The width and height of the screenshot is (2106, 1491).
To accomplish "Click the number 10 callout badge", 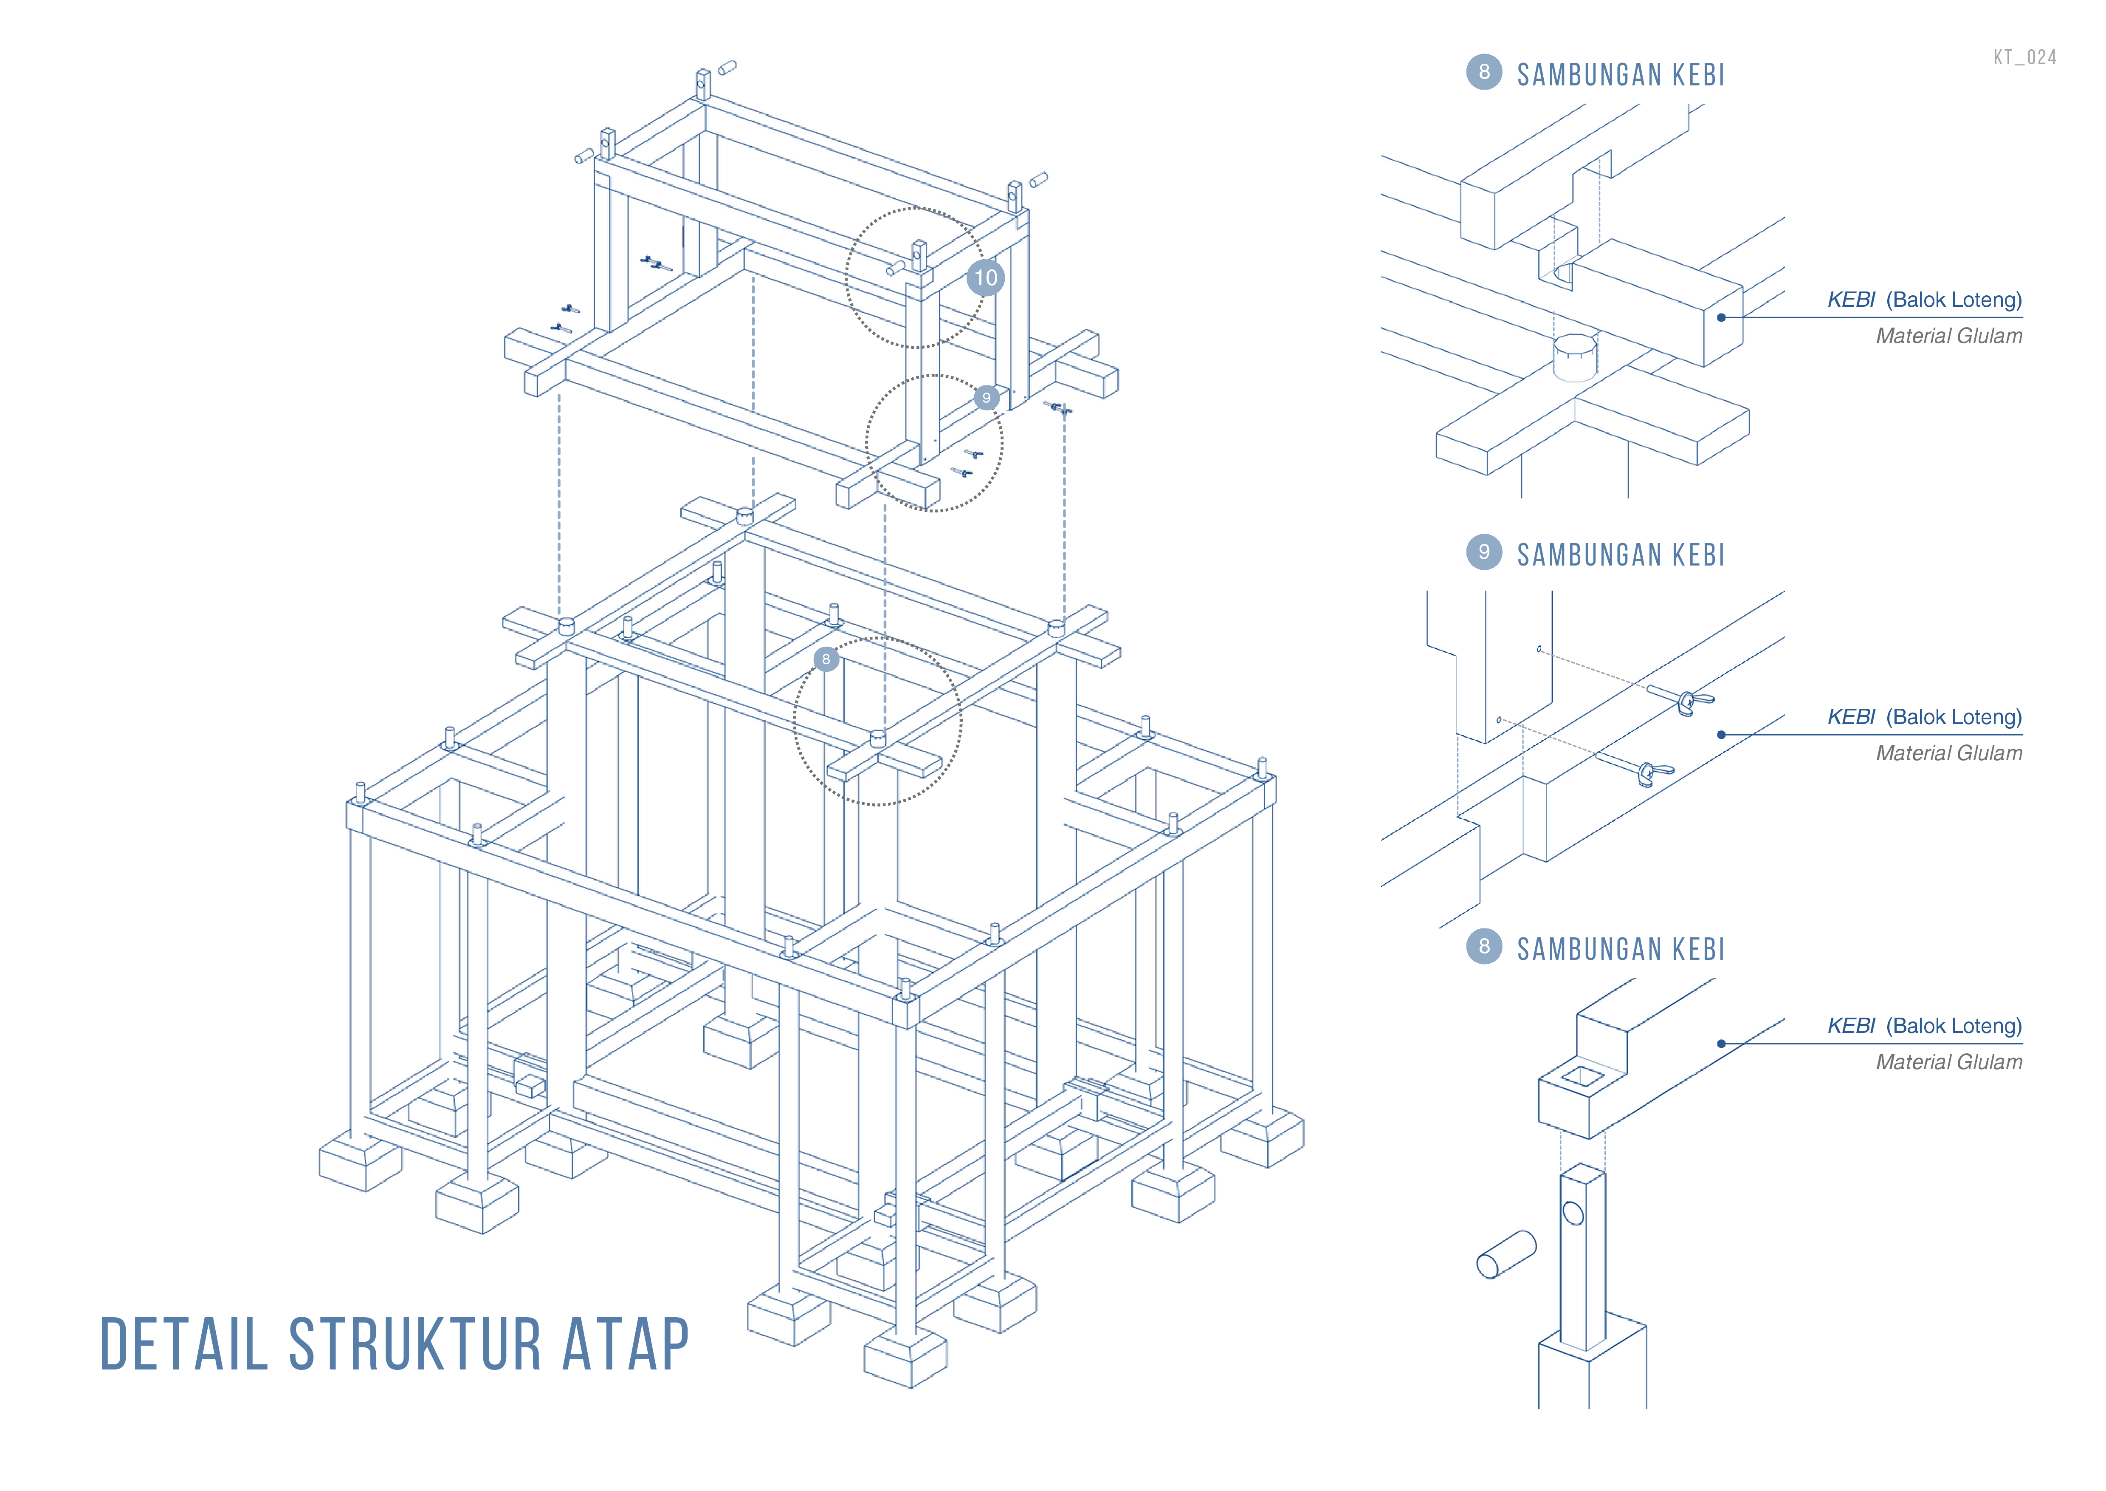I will tap(985, 277).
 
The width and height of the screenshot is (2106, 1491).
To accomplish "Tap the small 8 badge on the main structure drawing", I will tap(826, 659).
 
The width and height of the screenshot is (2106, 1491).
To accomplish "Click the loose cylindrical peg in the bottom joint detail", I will tap(1506, 1254).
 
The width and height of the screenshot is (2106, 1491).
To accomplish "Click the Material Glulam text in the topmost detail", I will tap(1948, 336).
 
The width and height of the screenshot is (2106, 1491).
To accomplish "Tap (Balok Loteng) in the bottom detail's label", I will tap(1954, 1026).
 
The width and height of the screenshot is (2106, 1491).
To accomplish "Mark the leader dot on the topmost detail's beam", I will tap(1722, 318).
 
